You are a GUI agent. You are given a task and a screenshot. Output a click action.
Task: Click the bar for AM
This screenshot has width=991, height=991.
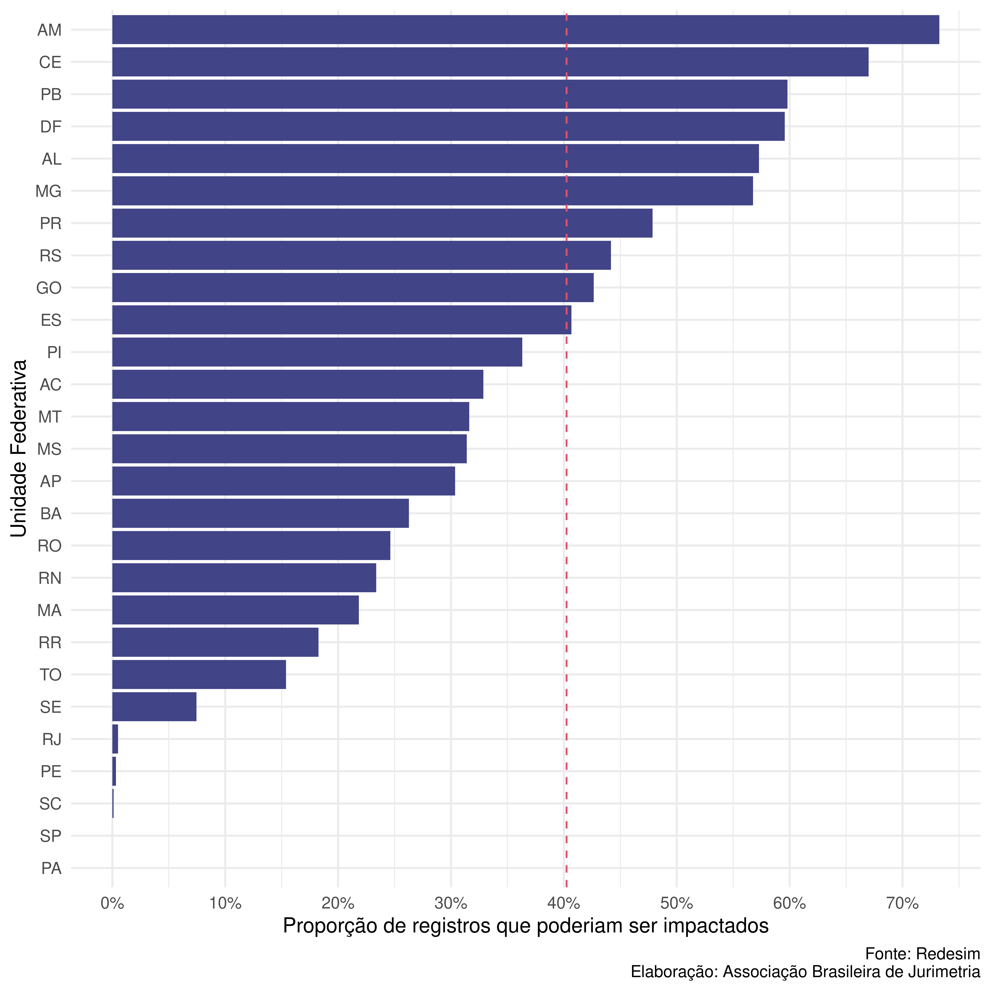click(525, 30)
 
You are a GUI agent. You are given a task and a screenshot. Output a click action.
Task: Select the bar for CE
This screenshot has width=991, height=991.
click(490, 62)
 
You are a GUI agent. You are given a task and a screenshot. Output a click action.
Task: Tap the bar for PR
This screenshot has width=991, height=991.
click(382, 223)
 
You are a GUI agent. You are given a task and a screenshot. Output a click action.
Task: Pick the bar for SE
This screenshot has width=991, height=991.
click(154, 707)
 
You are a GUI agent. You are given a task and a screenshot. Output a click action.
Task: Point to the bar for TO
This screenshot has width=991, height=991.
click(199, 674)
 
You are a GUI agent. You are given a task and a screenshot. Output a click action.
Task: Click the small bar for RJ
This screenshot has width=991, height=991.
click(115, 739)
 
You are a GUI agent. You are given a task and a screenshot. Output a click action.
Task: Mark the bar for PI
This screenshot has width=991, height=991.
click(317, 352)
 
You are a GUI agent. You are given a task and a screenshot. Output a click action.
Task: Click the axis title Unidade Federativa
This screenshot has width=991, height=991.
click(19, 449)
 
